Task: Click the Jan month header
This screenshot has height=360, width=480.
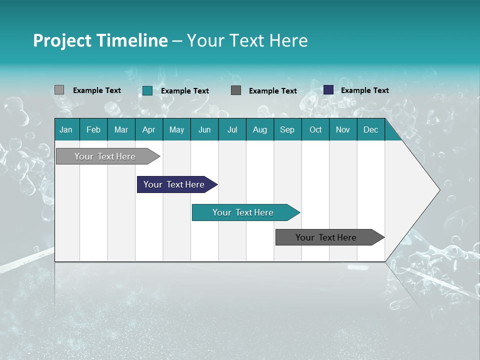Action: (x=66, y=130)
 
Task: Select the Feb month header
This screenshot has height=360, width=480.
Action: (x=93, y=130)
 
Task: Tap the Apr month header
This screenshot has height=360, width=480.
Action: (x=148, y=130)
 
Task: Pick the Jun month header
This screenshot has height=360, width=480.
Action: (x=204, y=130)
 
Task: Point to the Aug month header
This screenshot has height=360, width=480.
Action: (x=259, y=130)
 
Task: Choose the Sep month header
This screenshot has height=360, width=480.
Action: (x=287, y=130)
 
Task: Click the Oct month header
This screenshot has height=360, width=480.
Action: (x=315, y=130)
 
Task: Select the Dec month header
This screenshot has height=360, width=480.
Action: (x=370, y=130)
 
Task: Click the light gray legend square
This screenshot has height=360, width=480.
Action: (x=59, y=90)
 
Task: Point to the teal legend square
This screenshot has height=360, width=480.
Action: (x=147, y=90)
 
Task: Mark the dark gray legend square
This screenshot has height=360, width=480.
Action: (x=236, y=90)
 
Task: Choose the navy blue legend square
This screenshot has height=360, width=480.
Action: (x=328, y=90)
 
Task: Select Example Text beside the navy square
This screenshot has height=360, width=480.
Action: (x=364, y=90)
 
